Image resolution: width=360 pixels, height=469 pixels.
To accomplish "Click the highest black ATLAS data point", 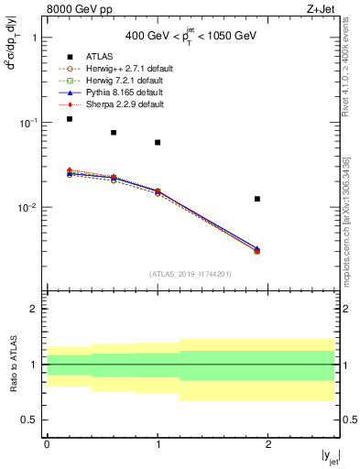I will pyautogui.click(x=69, y=119).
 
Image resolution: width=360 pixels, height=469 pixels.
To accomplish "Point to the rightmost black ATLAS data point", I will pyautogui.click(x=257, y=199).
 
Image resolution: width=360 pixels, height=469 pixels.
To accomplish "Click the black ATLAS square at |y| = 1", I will pyautogui.click(x=158, y=142).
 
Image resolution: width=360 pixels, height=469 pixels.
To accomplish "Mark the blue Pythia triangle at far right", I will pyautogui.click(x=257, y=248).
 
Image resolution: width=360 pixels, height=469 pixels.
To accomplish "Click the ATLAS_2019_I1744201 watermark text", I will pyautogui.click(x=191, y=273).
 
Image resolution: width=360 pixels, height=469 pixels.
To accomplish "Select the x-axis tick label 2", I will pyautogui.click(x=268, y=443).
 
